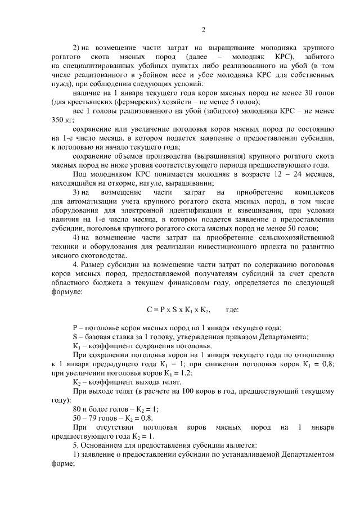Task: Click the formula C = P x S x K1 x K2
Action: pos(178,309)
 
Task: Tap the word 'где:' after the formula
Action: pos(232,309)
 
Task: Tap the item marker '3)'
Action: pos(78,192)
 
